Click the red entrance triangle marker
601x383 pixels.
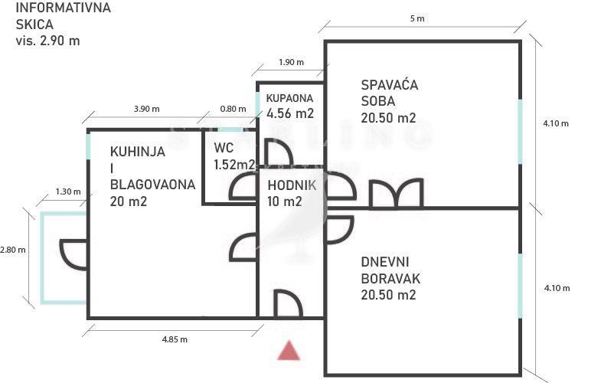[289, 351]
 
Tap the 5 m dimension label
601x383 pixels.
[417, 18]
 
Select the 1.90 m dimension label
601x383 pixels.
[291, 62]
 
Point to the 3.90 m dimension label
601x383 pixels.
[146, 109]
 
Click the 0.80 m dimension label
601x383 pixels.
[233, 109]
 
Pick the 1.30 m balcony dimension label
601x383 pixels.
[68, 191]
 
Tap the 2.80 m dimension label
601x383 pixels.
[13, 250]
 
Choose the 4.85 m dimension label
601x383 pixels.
[175, 339]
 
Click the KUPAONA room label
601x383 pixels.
[289, 98]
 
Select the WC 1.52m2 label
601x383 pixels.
[234, 156]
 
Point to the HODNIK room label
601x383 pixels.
[292, 185]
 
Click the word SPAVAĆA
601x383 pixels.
[390, 84]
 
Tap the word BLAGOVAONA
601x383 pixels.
[152, 185]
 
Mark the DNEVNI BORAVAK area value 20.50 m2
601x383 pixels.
[388, 294]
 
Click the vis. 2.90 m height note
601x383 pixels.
[48, 41]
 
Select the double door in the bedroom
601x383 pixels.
[397, 194]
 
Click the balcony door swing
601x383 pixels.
[73, 255]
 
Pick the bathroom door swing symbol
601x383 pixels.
[279, 152]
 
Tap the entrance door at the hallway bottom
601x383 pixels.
[288, 303]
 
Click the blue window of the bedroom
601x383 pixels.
[520, 132]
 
